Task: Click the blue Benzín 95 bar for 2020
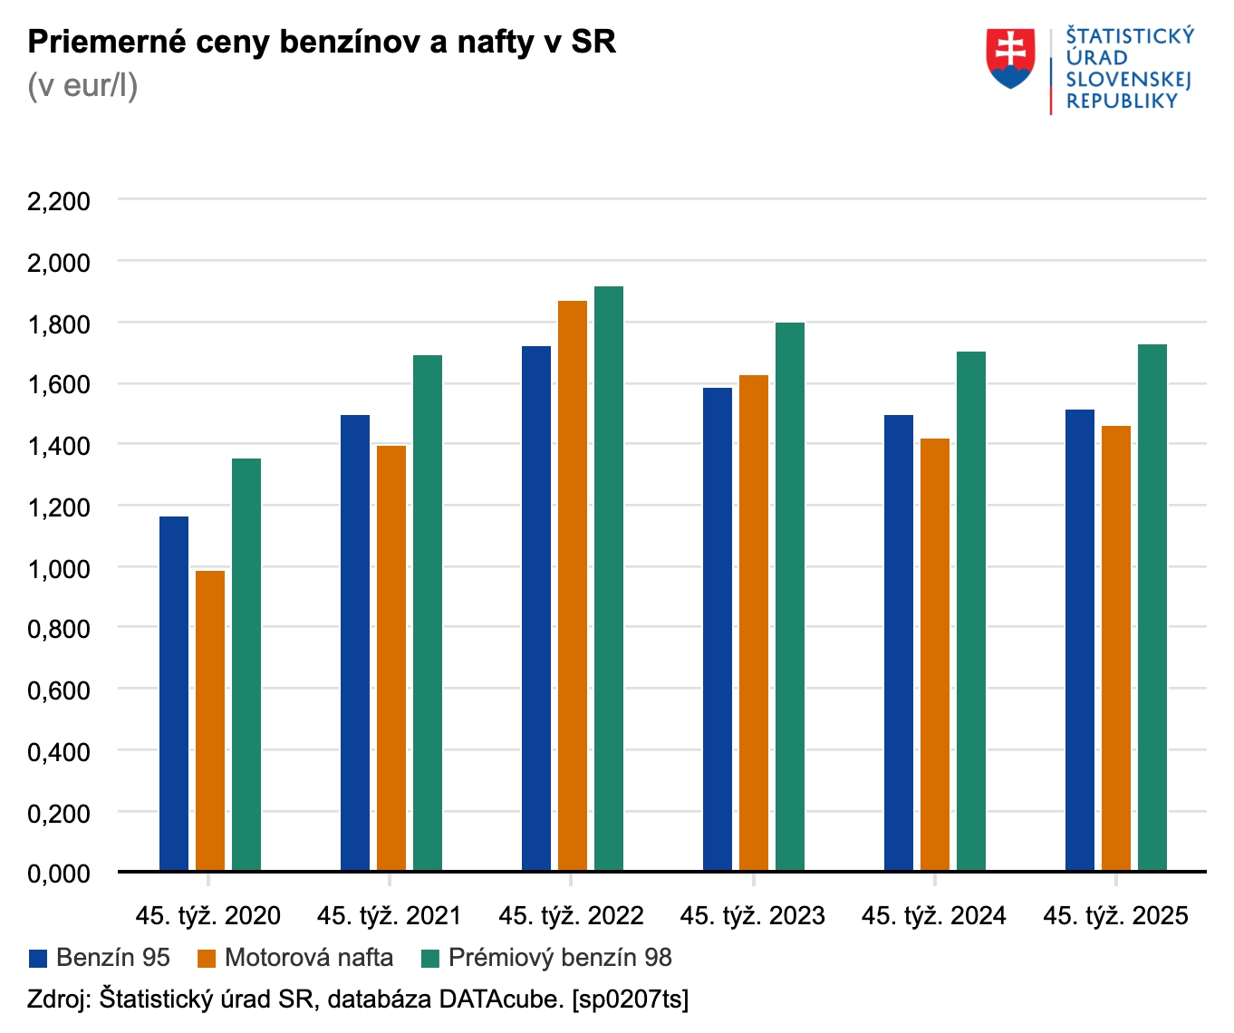click(174, 693)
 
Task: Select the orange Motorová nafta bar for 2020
click(210, 720)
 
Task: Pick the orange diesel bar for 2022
click(573, 585)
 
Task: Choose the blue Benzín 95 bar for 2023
click(718, 629)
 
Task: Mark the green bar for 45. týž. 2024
click(971, 611)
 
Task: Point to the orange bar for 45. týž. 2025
click(1116, 648)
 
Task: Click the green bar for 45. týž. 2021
click(428, 613)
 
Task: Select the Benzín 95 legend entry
click(100, 958)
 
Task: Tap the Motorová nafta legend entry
click(295, 958)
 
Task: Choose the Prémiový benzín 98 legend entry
click(547, 958)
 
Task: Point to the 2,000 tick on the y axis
click(59, 263)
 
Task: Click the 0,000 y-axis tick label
click(59, 874)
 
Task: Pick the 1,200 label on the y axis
click(59, 507)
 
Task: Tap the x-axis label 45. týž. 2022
click(571, 916)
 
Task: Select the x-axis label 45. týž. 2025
click(1115, 916)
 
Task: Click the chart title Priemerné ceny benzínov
click(322, 42)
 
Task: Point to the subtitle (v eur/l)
click(82, 85)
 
